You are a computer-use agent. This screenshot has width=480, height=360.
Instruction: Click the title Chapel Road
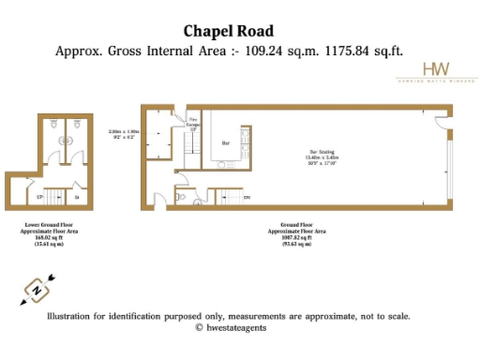point(229,31)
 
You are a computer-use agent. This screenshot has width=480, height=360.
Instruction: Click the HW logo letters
point(436,69)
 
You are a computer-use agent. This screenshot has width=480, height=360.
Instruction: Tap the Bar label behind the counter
point(225,144)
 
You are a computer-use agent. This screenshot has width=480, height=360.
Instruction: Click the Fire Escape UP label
point(194,123)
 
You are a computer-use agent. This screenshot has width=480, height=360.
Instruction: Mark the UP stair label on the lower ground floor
point(39,198)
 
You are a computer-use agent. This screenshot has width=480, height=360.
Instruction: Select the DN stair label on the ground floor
point(247,198)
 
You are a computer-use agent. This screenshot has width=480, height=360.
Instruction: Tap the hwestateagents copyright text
point(229,328)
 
